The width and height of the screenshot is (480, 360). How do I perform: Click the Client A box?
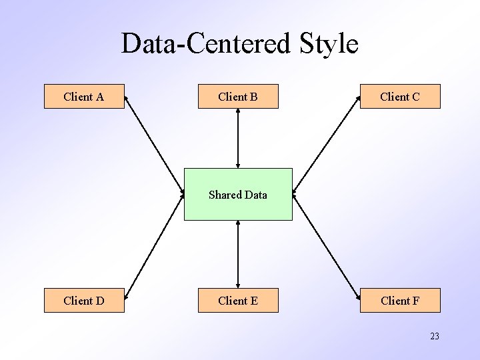[84, 97]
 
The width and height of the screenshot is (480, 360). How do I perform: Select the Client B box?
[238, 97]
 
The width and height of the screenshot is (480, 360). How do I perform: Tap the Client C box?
[400, 97]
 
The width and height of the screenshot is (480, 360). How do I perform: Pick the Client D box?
[84, 301]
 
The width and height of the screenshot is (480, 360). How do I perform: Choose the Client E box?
[238, 301]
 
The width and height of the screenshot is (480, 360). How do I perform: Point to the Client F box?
[400, 301]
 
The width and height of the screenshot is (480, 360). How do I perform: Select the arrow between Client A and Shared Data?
[155, 146]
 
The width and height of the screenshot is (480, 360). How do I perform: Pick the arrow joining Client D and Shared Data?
[155, 246]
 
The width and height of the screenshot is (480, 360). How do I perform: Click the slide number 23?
[435, 337]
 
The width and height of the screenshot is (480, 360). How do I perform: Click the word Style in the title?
[329, 44]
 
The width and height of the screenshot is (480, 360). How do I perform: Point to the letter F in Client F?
[416, 301]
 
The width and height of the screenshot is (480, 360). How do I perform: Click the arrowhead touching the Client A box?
[127, 99]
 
